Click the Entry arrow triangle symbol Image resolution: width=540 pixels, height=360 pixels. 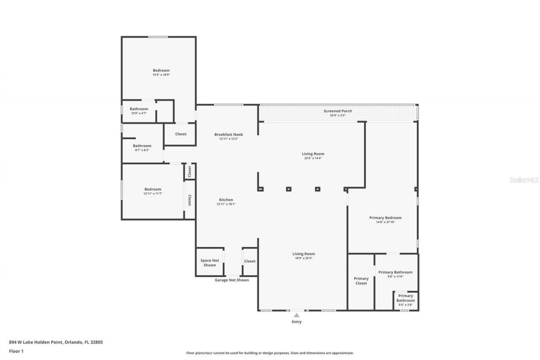click(297, 315)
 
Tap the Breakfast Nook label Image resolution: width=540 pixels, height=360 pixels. click(228, 135)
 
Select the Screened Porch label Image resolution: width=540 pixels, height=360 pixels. click(337, 111)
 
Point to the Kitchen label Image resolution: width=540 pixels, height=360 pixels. click(226, 200)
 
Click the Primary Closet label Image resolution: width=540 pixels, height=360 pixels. click(361, 281)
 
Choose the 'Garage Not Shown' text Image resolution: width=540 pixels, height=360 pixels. click(232, 280)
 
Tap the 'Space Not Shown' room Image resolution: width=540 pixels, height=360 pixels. click(210, 263)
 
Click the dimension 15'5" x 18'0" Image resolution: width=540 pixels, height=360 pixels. click(161, 75)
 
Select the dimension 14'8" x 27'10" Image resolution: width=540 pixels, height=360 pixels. click(385, 222)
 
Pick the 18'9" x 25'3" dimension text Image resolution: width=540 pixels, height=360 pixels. click(304, 258)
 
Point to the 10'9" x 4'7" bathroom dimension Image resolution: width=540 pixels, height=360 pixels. click(138, 113)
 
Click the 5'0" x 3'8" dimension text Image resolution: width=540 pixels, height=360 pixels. click(405, 305)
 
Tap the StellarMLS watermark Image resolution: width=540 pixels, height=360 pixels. click(524, 180)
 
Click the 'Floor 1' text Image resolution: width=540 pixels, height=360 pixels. click(16, 351)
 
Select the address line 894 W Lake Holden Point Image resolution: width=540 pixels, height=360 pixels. click(56, 342)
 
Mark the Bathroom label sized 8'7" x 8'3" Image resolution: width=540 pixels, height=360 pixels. click(142, 146)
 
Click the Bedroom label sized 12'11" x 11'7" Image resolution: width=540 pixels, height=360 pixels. click(153, 189)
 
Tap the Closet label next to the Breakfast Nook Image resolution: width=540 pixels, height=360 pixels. click(181, 134)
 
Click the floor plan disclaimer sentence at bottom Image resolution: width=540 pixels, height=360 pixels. click(270, 353)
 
